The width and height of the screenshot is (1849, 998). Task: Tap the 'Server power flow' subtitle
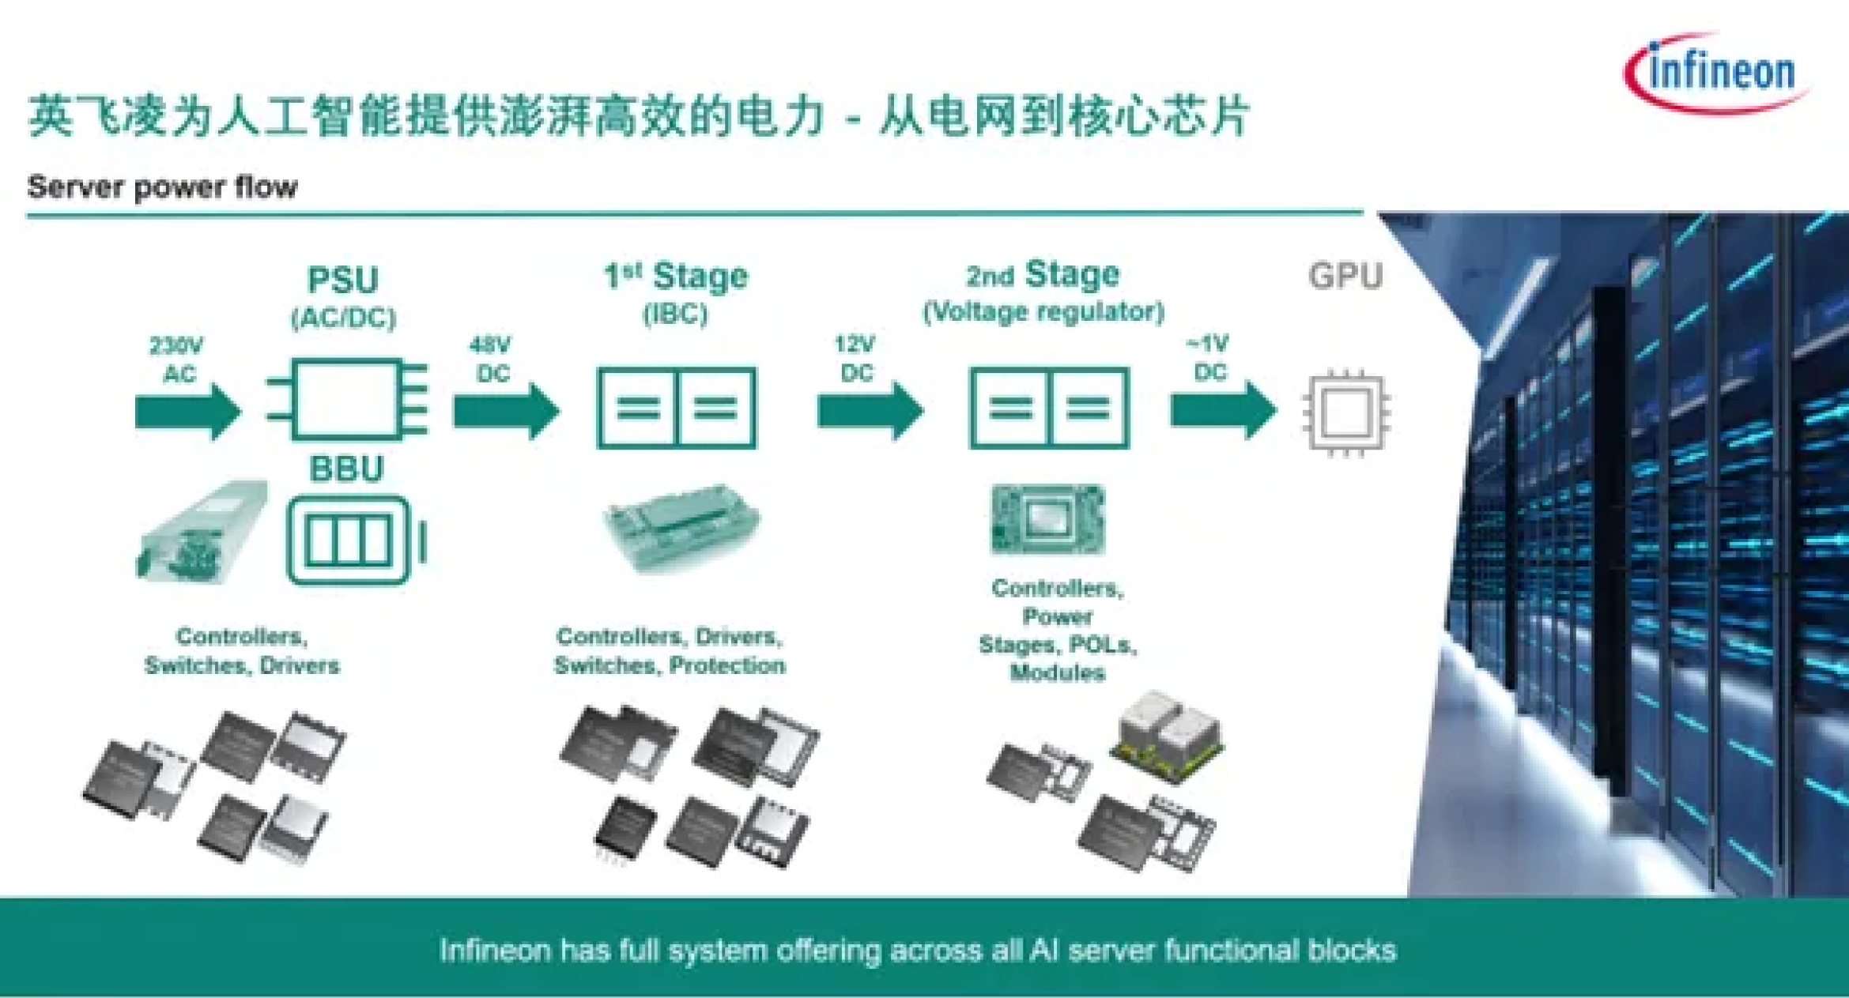(x=162, y=187)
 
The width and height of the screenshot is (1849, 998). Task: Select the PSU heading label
(x=343, y=281)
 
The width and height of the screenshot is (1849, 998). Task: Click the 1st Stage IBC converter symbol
(x=677, y=408)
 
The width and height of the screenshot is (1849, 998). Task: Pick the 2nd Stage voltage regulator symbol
(x=1049, y=408)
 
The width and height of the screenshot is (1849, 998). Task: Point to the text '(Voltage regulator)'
(x=1043, y=311)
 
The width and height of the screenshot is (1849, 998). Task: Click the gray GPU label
(x=1345, y=276)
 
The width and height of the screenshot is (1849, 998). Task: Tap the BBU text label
(x=346, y=469)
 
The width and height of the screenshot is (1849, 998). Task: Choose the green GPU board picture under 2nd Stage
(x=1047, y=519)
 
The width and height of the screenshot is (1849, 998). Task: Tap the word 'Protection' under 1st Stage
(x=727, y=665)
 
